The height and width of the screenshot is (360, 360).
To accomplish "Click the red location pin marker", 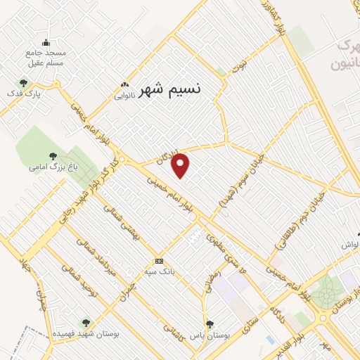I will click(181, 165).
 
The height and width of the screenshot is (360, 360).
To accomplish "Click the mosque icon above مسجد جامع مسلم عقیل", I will click(46, 42).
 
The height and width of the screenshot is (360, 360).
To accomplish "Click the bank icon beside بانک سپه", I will click(160, 261).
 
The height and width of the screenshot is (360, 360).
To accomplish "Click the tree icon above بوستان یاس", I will click(209, 323).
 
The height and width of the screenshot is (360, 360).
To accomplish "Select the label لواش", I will click(349, 245).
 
